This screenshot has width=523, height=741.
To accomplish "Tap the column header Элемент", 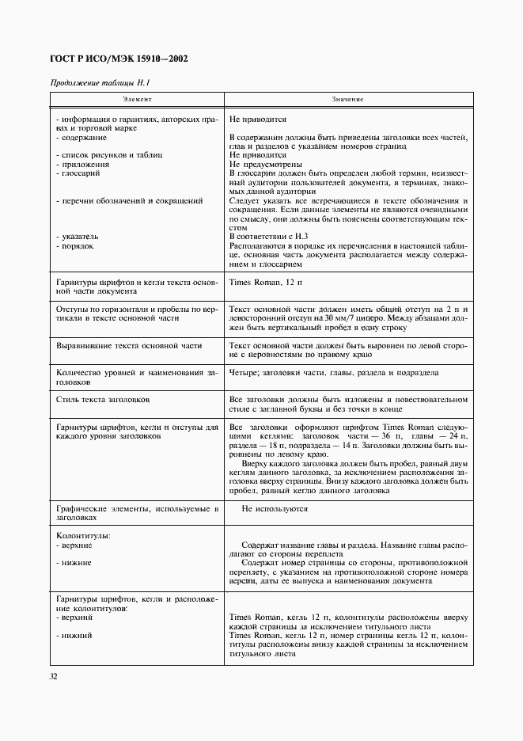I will click(x=136, y=100).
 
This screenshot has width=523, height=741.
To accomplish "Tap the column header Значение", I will click(x=347, y=100).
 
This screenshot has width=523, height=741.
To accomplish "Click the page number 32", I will click(x=55, y=676).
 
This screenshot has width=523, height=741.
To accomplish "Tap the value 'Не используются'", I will click(x=275, y=508).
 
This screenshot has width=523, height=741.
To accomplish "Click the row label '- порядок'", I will click(x=75, y=245).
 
